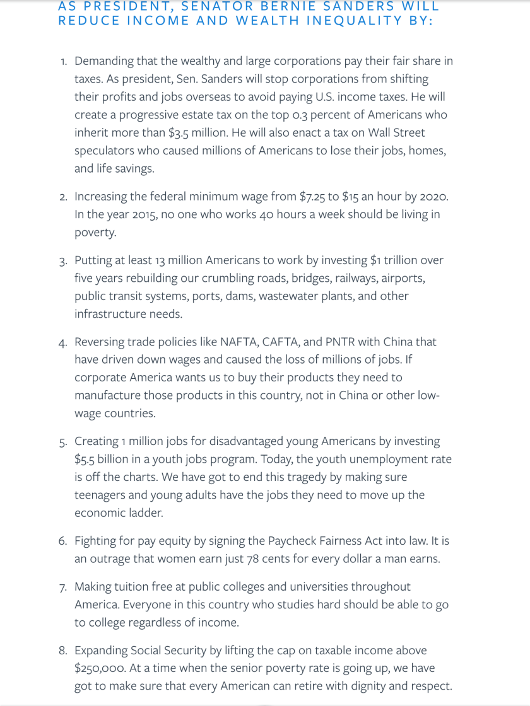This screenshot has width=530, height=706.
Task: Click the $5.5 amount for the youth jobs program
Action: [x=87, y=460]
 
